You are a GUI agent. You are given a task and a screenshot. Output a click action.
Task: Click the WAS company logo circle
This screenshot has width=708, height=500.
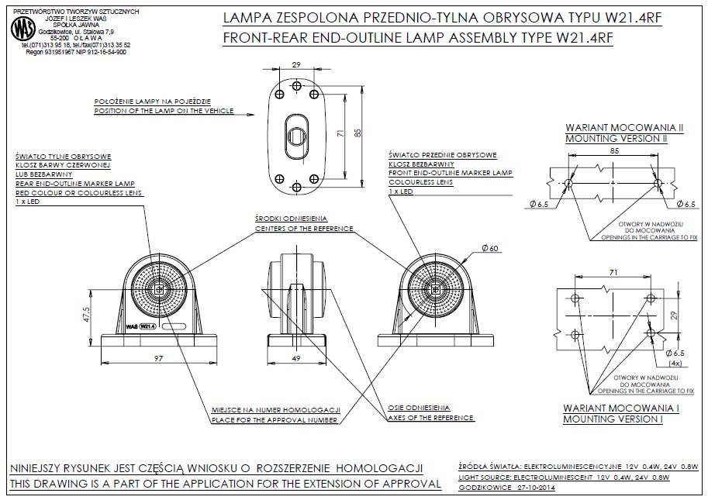tap(24, 30)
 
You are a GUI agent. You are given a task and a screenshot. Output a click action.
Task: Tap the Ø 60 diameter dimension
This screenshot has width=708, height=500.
tap(489, 248)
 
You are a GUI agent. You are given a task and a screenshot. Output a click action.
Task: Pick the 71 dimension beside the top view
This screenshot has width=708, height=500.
tap(340, 133)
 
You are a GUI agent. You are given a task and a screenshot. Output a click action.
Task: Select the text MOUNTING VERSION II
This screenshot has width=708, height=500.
tap(616, 138)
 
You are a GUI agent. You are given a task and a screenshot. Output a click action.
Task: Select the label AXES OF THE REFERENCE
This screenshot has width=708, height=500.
tap(430, 418)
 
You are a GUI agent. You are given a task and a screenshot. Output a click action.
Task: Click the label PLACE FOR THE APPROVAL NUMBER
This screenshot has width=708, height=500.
tap(275, 420)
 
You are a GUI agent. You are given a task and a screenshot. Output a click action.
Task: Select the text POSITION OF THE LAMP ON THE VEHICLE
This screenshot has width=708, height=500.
tap(164, 111)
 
